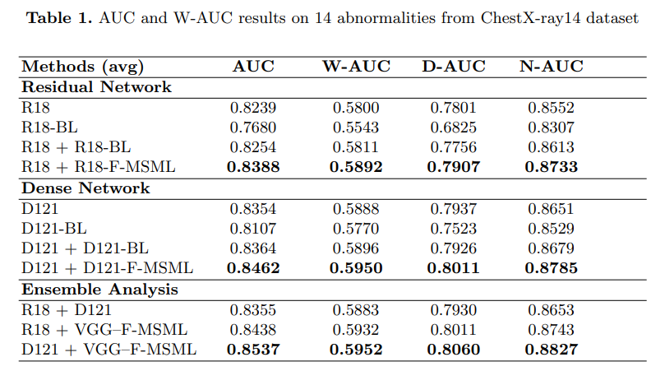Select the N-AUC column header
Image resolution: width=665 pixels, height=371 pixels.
pos(551,67)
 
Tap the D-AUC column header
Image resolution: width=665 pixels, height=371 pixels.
pos(454,67)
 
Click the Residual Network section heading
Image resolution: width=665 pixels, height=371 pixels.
pos(96,86)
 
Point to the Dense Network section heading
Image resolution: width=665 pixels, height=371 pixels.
pos(85,188)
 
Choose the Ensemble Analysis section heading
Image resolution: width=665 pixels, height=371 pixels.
pos(99,290)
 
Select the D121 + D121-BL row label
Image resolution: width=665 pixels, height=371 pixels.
pos(85,248)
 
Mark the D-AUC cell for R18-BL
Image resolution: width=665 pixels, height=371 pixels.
pos(454,128)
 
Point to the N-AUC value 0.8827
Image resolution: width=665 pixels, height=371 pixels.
pos(551,350)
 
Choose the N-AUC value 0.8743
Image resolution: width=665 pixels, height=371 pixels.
pos(551,330)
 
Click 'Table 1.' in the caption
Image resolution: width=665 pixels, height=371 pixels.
pos(58,19)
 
